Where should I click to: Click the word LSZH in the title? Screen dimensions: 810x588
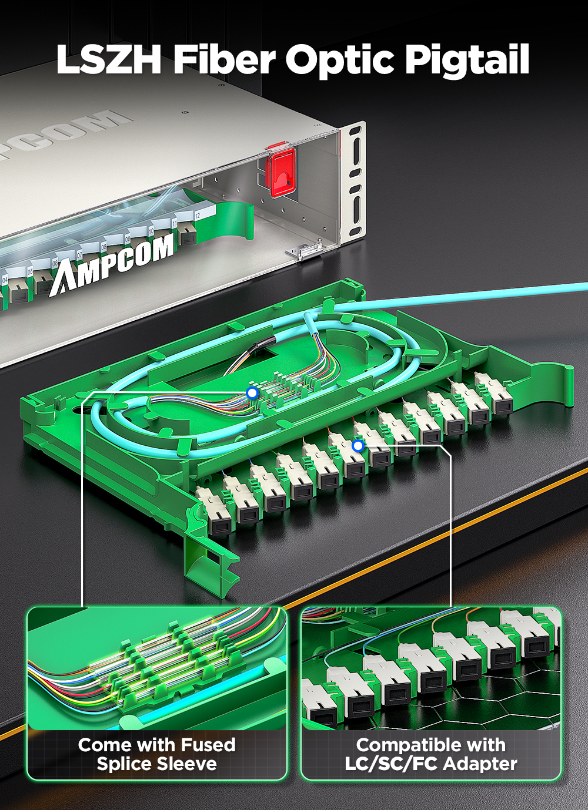click(x=109, y=60)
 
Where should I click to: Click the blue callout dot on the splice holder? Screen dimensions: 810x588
click(x=252, y=392)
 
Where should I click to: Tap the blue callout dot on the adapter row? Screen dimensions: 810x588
click(x=358, y=446)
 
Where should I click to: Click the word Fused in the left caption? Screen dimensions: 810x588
click(x=208, y=745)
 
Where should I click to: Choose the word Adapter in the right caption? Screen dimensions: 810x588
click(x=480, y=764)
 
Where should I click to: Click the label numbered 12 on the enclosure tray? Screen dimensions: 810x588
click(x=197, y=216)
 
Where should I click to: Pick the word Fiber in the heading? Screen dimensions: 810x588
click(x=225, y=60)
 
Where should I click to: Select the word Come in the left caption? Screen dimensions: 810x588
click(x=105, y=745)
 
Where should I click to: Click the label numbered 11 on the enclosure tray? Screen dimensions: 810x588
click(x=174, y=224)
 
